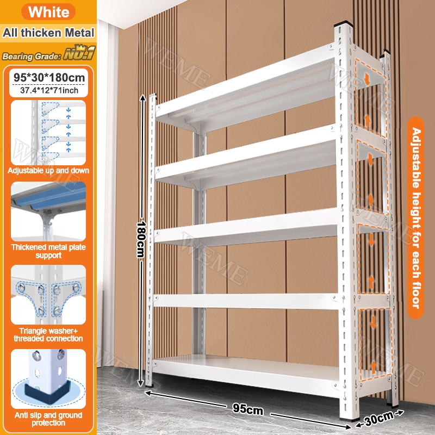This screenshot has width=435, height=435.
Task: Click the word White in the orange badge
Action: tap(48, 12)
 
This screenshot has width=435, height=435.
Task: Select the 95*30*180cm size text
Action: tap(49, 77)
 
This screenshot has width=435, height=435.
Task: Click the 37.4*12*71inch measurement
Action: tap(49, 90)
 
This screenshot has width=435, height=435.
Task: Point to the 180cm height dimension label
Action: tap(141, 239)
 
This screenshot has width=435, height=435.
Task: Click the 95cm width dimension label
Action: tap(248, 409)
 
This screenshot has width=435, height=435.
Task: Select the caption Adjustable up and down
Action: tap(48, 170)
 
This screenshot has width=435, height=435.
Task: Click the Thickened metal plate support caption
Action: tap(48, 251)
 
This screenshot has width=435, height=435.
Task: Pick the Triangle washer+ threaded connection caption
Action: tap(48, 334)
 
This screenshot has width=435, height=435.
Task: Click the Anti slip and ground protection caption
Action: tap(48, 419)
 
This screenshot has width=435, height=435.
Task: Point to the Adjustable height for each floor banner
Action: tap(415, 218)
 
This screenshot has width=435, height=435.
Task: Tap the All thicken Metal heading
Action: tap(48, 33)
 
